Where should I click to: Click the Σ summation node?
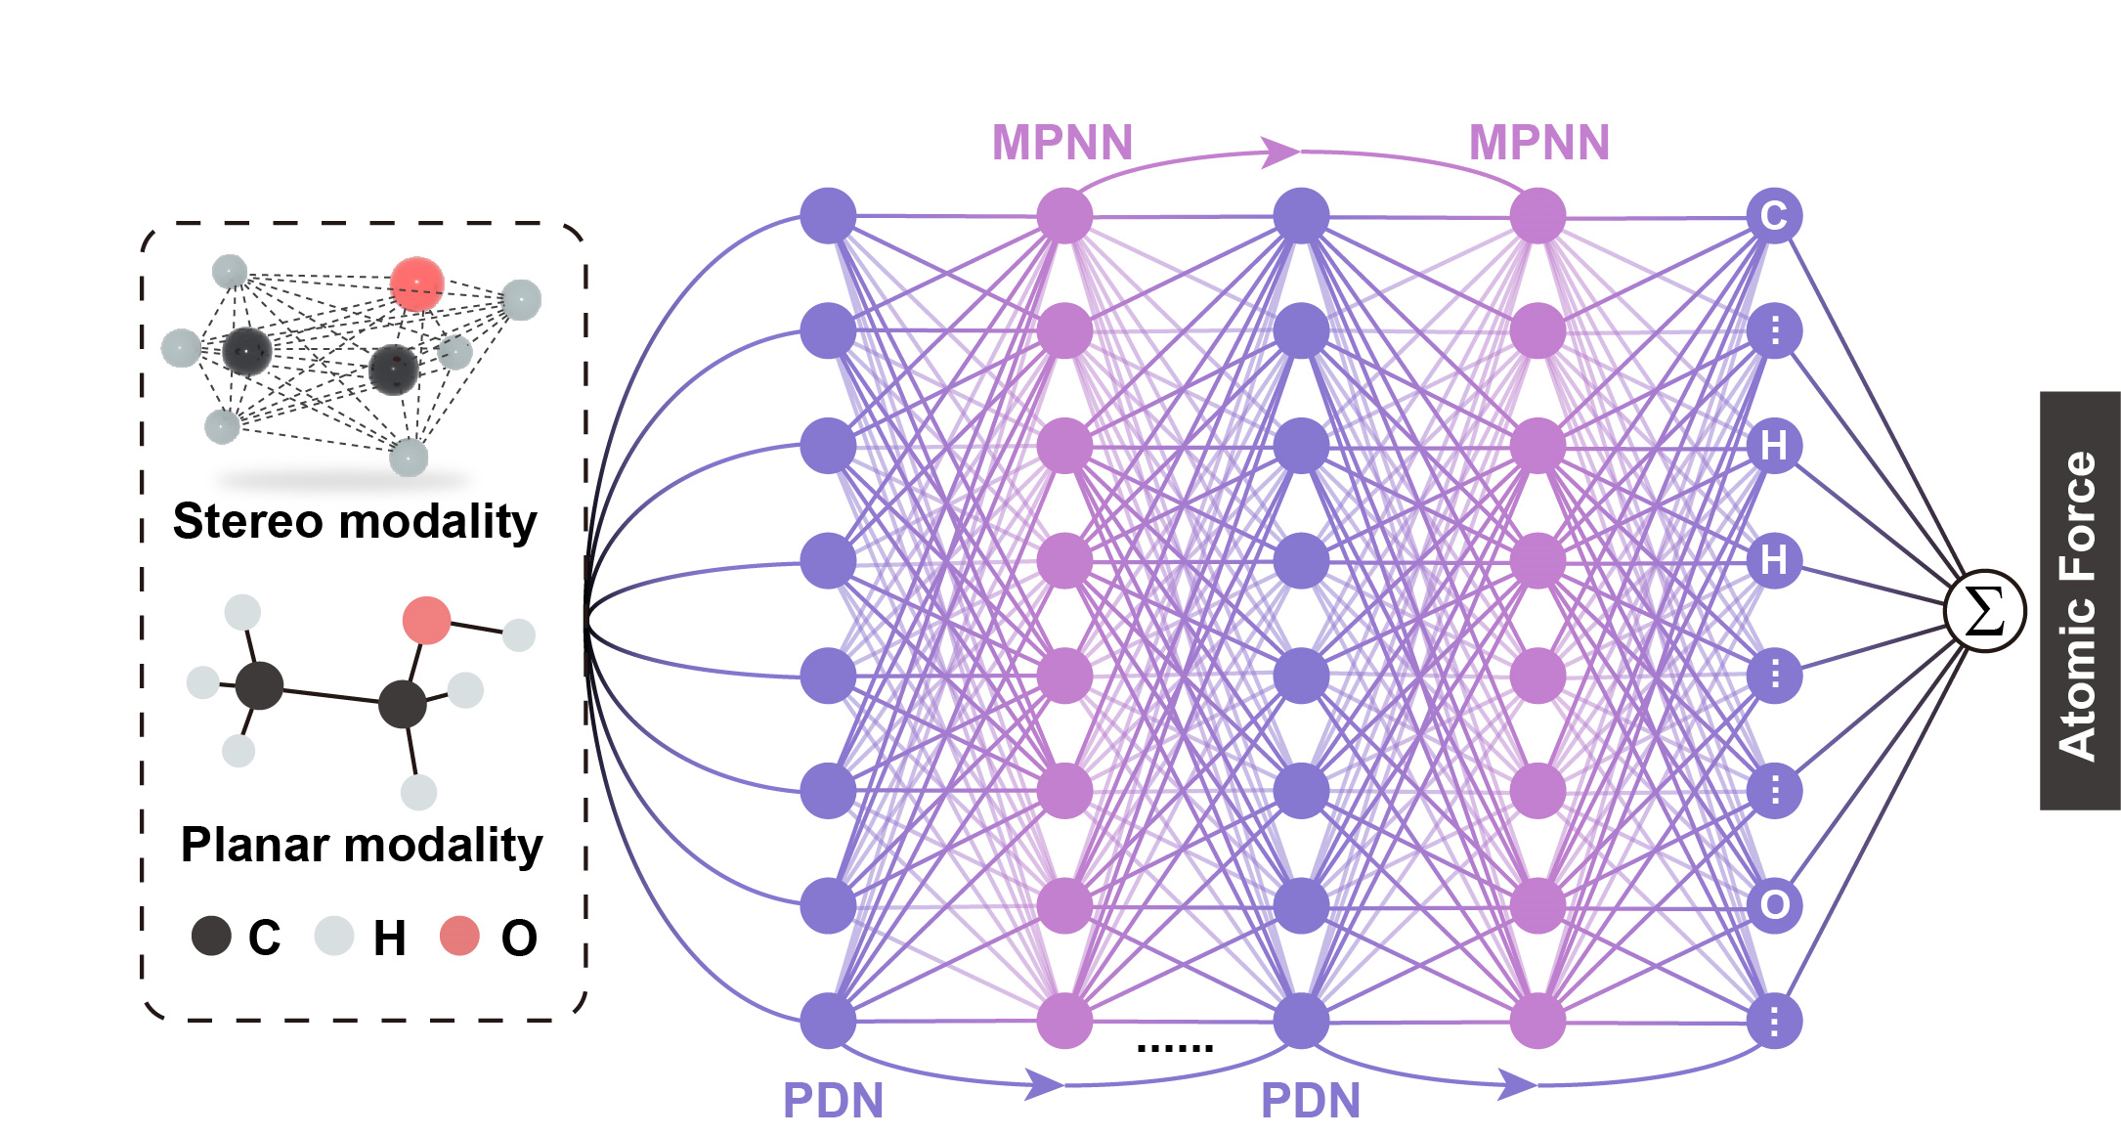pyautogui.click(x=1984, y=612)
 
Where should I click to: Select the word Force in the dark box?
pyautogui.click(x=2078, y=514)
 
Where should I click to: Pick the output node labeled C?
pyautogui.click(x=1774, y=216)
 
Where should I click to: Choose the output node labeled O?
pyautogui.click(x=1774, y=905)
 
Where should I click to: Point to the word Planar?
pyautogui.click(x=251, y=845)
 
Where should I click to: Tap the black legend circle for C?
pyautogui.click(x=211, y=936)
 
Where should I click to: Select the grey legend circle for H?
pyautogui.click(x=333, y=936)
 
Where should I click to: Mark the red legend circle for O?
pyautogui.click(x=459, y=936)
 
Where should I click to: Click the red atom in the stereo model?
pyautogui.click(x=417, y=284)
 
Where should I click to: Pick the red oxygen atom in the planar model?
pyautogui.click(x=426, y=621)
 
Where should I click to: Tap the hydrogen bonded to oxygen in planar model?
pyautogui.click(x=519, y=634)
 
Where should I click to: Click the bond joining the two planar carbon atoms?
pyautogui.click(x=331, y=694)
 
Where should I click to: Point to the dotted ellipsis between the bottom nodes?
pyautogui.click(x=1175, y=1048)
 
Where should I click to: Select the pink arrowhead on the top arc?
pyautogui.click(x=1280, y=152)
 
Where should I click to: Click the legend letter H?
pyautogui.click(x=390, y=939)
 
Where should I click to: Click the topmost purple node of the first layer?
pyautogui.click(x=828, y=216)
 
